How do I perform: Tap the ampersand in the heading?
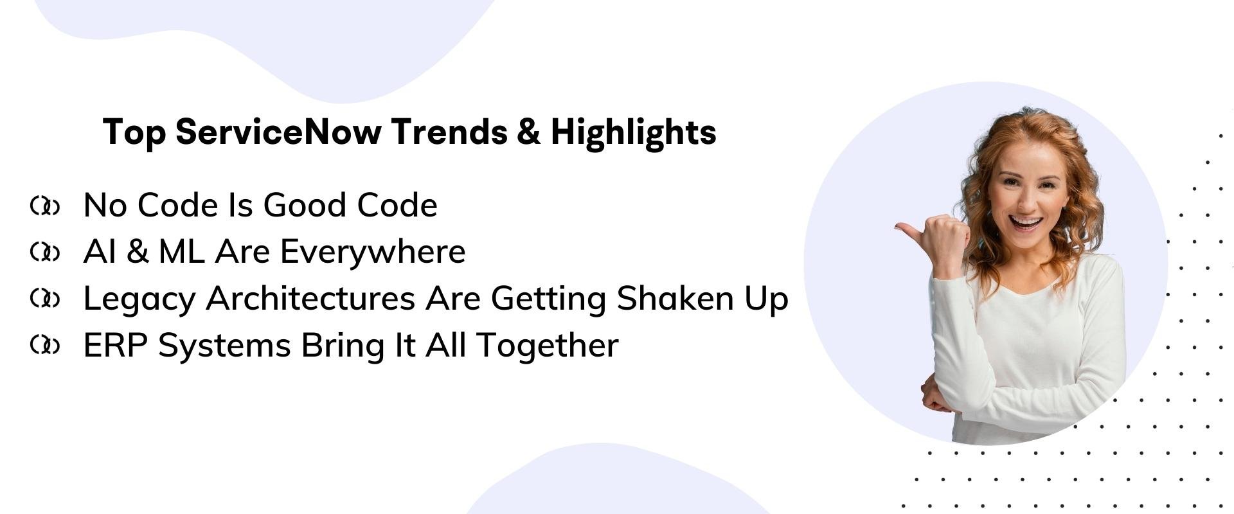(527, 132)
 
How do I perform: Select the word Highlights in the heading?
(633, 133)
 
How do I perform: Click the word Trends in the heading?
(449, 132)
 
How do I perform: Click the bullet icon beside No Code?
(45, 206)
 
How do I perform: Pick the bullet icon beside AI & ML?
(45, 253)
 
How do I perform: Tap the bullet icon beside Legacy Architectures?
(45, 299)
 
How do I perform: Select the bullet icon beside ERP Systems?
(45, 346)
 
